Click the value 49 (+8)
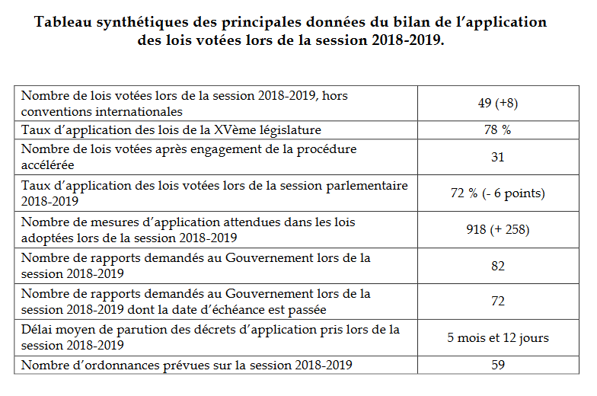[497, 103]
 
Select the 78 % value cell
[497, 129]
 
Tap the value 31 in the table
[497, 157]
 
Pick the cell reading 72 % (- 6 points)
[497, 193]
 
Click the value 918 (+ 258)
[497, 229]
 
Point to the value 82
[497, 266]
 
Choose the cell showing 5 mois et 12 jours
[497, 337]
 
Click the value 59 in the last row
[497, 365]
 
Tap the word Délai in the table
[36, 330]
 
